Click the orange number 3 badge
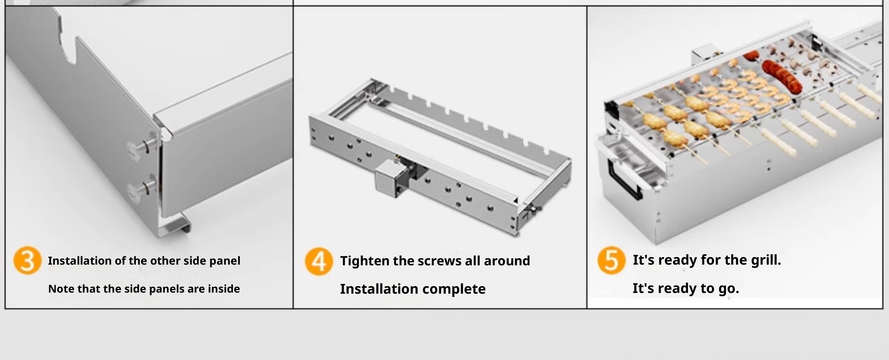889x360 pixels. (27, 260)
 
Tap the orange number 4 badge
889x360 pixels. (319, 261)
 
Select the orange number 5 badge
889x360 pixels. (611, 260)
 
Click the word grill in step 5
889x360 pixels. (766, 260)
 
